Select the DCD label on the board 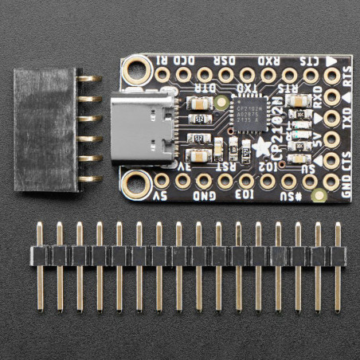coord(190,59)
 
